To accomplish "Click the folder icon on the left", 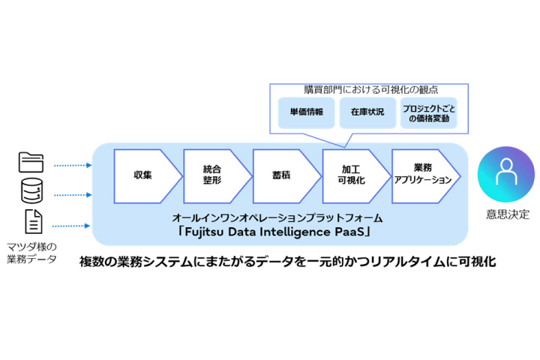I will tap(31, 162).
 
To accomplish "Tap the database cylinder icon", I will tap(31, 192).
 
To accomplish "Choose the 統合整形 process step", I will tap(213, 175).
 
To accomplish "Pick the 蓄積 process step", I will tap(282, 175).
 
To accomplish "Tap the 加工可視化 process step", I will tap(351, 175).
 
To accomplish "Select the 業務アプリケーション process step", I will tap(422, 175).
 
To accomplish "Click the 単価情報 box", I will tap(306, 112).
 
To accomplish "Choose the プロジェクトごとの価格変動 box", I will tap(428, 112).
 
